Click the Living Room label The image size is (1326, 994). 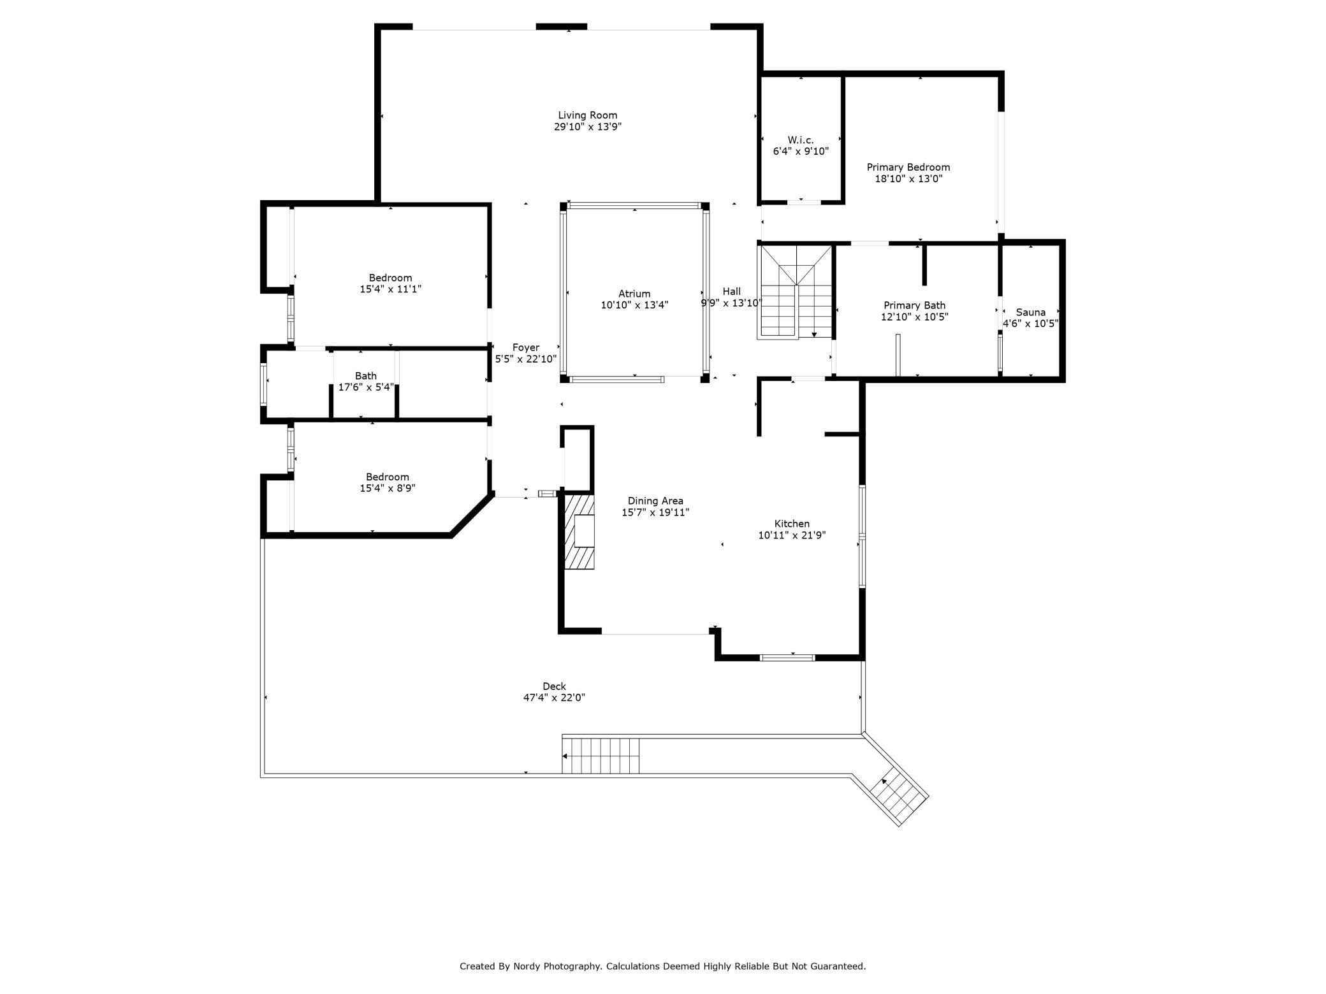coord(587,115)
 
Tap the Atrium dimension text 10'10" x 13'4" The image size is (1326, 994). coord(634,305)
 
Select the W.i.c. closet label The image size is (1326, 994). coord(801,140)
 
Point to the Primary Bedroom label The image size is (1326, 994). coord(908,168)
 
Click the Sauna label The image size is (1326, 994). coord(1031,312)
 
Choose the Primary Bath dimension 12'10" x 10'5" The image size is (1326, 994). coord(915,317)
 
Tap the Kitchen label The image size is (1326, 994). coord(792,524)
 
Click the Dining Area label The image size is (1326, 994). coord(655,501)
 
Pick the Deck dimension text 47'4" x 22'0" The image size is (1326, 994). coord(554,698)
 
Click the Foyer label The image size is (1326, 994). coord(526,348)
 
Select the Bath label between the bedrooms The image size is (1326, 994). coord(366,376)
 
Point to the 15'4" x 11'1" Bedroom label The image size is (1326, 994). coord(390,278)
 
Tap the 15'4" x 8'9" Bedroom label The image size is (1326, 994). coord(388,477)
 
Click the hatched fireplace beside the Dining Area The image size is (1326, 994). coord(579,531)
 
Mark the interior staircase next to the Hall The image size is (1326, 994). coord(796,292)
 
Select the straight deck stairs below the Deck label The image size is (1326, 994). coord(601,756)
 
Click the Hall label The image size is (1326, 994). coord(731,292)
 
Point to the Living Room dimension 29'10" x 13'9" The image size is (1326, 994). coord(587,127)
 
